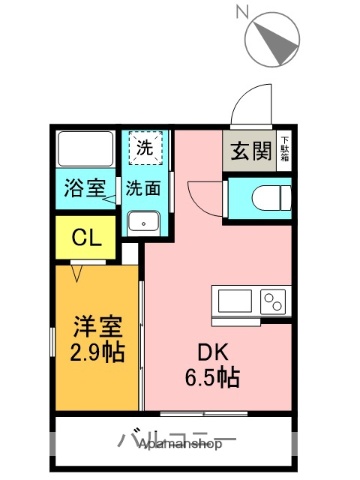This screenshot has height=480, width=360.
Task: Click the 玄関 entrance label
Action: coord(249,152)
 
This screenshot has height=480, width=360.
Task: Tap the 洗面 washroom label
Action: coord(145,187)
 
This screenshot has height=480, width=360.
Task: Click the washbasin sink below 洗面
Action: coord(145,221)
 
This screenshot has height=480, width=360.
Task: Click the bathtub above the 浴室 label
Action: coord(83,149)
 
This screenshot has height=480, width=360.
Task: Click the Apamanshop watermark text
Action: coord(176,446)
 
